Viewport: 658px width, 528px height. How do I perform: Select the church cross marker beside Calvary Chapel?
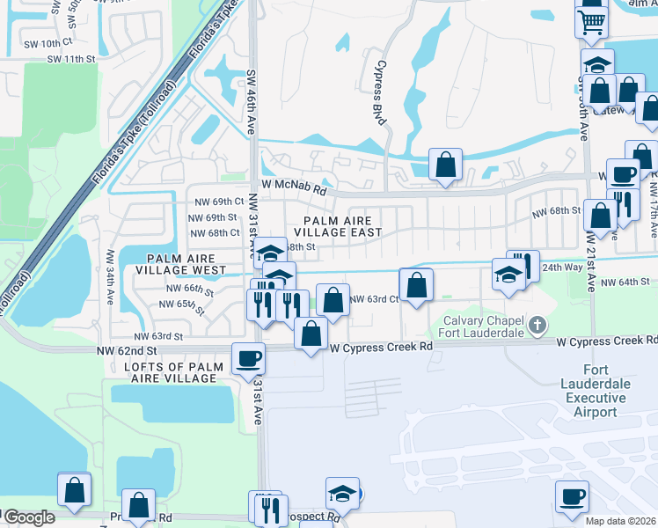[537, 327]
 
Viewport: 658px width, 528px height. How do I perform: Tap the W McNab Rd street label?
[294, 189]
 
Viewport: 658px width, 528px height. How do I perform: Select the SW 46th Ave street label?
[251, 103]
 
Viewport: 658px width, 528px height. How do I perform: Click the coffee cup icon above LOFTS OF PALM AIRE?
[247, 357]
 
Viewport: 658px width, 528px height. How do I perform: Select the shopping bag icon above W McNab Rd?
[445, 164]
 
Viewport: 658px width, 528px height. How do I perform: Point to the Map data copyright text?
[619, 521]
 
